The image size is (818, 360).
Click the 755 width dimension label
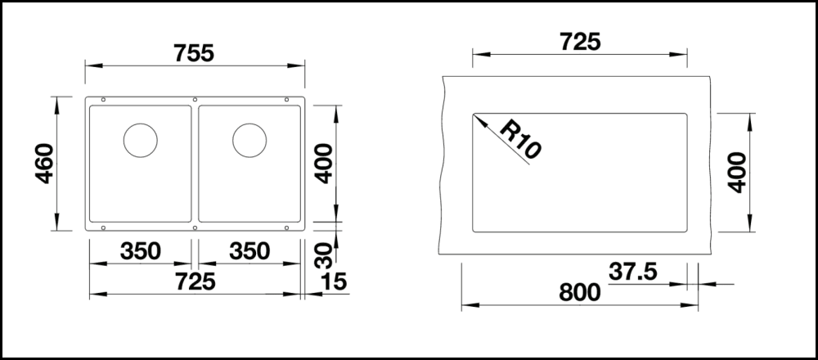tap(194, 53)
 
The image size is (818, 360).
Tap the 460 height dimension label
tap(45, 164)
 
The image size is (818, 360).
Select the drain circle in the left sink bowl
tap(141, 141)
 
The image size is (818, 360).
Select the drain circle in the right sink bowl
tap(249, 141)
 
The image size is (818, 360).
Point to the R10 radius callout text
tap(520, 139)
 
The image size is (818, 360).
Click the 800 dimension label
tap(580, 293)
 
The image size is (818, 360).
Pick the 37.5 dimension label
tap(633, 272)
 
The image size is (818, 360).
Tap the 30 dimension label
tap(325, 255)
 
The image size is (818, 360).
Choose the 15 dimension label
tap(334, 281)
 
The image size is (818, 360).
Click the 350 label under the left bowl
tap(141, 251)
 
